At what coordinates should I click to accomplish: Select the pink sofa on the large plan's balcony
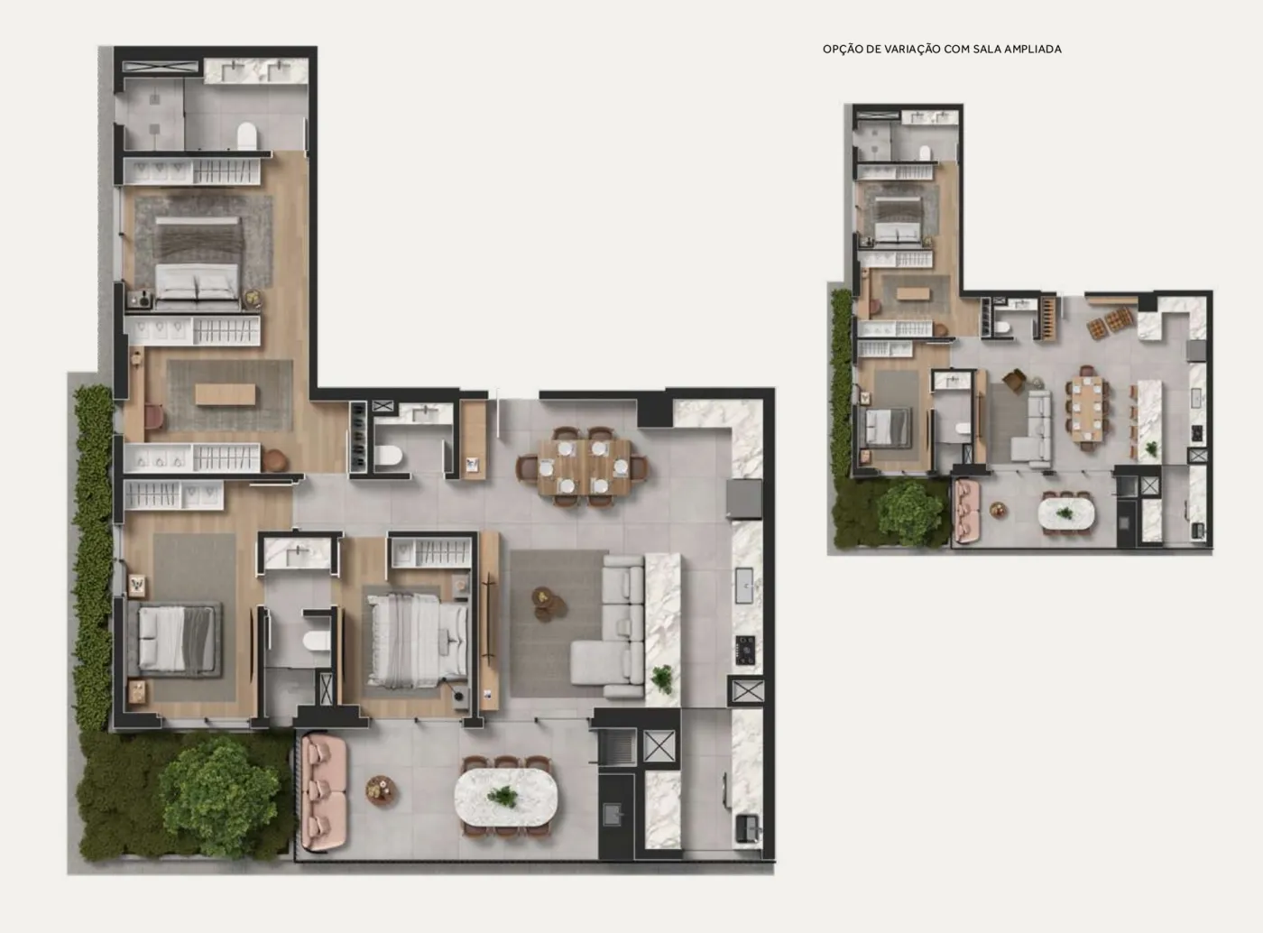(324, 792)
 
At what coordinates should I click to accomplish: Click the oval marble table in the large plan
(506, 797)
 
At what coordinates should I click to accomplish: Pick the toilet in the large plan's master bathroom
(246, 137)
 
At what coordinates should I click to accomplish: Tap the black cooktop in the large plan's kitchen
(745, 650)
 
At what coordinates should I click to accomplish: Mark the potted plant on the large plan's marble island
(662, 679)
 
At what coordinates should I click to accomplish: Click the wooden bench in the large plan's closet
(226, 394)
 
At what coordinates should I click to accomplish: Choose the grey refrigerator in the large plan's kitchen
(744, 499)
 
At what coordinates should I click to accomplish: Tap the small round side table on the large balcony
(382, 790)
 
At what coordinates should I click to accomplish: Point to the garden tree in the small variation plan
(909, 513)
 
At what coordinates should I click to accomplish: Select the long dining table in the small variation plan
(1086, 408)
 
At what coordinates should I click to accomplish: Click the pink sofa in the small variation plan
(967, 511)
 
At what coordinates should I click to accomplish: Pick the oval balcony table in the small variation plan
(1066, 513)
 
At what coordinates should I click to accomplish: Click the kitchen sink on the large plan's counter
(744, 586)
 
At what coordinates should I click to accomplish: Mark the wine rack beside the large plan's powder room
(357, 437)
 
